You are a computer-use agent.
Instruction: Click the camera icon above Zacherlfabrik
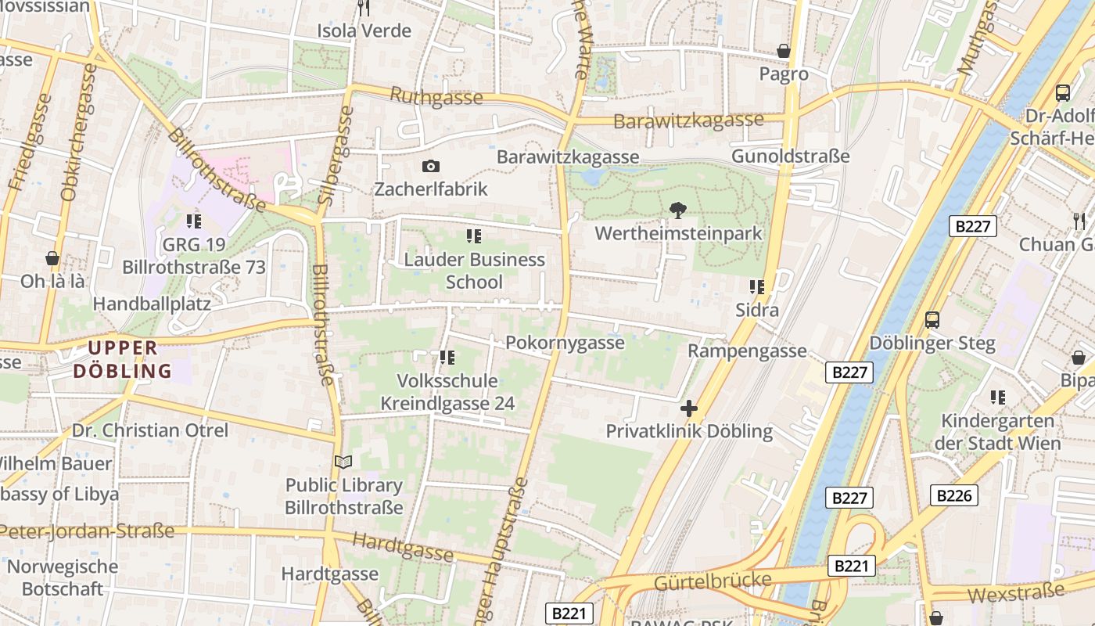click(x=430, y=166)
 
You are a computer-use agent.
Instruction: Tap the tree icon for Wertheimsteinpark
click(x=677, y=210)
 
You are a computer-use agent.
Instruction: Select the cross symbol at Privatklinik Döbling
click(x=688, y=408)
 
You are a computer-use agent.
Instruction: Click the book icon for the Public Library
click(x=343, y=462)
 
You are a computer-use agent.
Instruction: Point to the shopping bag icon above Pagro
click(x=783, y=51)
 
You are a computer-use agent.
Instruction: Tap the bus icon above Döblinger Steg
click(x=932, y=319)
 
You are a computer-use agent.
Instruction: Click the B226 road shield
click(x=954, y=495)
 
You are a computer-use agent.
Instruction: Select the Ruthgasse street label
click(x=436, y=97)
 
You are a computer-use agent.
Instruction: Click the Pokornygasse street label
click(x=565, y=343)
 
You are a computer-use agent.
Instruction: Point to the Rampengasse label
click(x=747, y=351)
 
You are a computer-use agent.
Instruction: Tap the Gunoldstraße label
click(x=790, y=156)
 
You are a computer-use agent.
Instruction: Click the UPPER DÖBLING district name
click(x=123, y=359)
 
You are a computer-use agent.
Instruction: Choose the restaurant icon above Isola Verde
click(x=364, y=8)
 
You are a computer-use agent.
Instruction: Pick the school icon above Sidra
click(x=756, y=287)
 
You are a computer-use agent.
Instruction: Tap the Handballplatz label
click(x=152, y=303)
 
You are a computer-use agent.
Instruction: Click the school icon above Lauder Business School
click(x=473, y=236)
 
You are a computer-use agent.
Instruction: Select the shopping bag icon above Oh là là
click(x=52, y=257)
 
